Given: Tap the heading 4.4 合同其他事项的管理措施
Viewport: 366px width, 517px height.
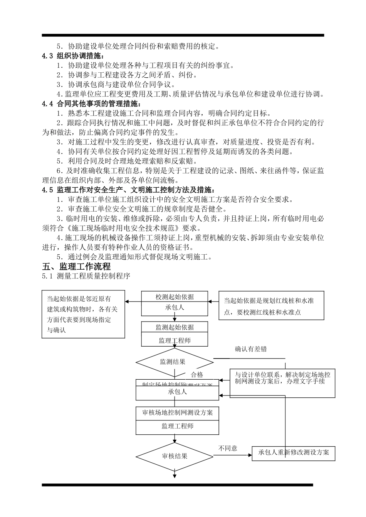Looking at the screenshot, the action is coord(92,104).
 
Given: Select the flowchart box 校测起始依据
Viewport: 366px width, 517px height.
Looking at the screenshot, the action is coord(175,297).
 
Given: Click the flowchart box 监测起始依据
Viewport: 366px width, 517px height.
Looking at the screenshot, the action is coord(175,327).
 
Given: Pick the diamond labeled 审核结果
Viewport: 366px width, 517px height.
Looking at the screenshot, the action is coord(175,456).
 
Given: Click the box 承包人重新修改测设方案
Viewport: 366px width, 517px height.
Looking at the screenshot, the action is coord(294,453).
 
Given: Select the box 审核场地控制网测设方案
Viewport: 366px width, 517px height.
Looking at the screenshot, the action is coord(177,413).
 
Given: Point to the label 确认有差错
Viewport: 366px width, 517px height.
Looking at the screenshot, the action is coord(251,349).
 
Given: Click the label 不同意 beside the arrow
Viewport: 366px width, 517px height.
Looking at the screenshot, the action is coord(228,448).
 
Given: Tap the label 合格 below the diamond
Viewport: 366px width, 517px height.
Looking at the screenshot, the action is coord(197,375).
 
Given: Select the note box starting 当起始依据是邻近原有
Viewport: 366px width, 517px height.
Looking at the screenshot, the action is coord(83,314).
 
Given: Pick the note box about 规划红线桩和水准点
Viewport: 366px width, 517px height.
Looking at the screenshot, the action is coord(271,306).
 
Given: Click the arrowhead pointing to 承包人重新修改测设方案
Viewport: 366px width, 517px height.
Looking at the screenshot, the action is coord(250,456).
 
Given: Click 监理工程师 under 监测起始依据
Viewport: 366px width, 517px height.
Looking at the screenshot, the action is coord(175,340).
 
